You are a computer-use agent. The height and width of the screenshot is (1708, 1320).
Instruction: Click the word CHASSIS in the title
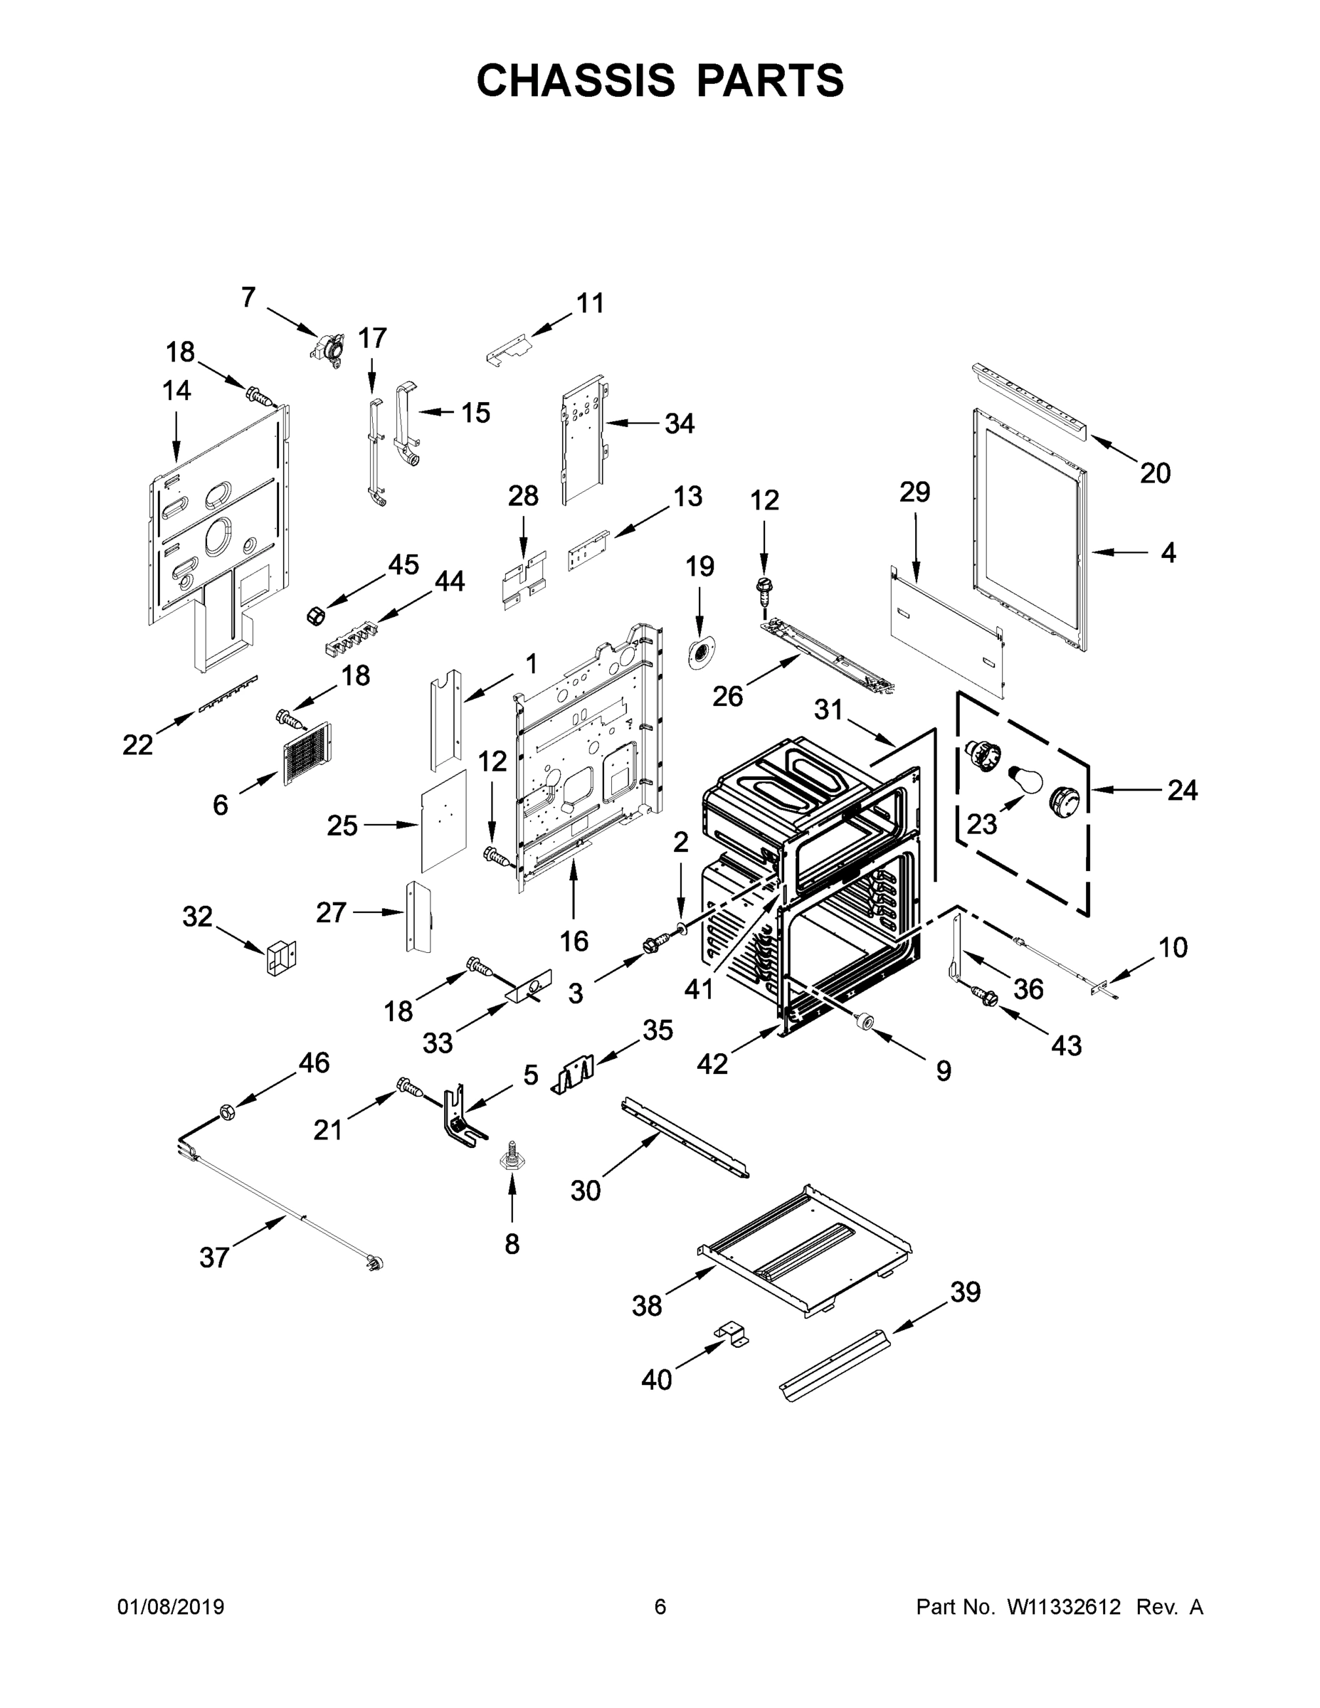point(576,80)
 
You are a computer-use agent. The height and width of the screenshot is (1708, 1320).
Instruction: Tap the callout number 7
point(248,297)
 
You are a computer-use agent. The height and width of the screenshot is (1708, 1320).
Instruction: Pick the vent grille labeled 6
point(307,753)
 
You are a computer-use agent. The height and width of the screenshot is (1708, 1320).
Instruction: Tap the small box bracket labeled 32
point(281,958)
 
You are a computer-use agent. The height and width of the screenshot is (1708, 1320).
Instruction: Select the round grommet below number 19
point(701,651)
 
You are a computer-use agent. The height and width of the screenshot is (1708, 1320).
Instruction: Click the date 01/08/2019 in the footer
point(171,1606)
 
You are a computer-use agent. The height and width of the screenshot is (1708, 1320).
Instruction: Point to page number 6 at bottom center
point(660,1606)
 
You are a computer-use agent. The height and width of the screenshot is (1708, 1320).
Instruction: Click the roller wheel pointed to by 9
point(865,1021)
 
